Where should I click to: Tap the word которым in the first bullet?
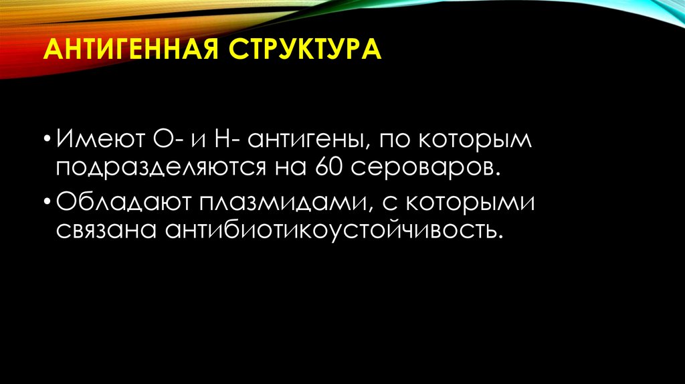point(477,141)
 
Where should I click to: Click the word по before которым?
point(395,141)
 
